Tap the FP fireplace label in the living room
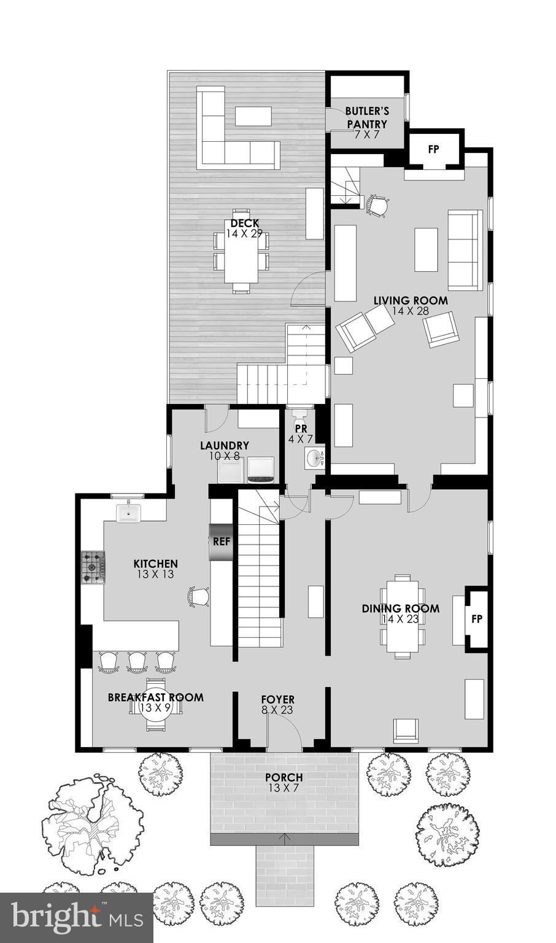(433, 149)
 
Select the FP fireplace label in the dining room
(477, 619)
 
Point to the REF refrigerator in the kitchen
(221, 542)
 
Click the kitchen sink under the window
(129, 512)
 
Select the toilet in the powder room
(301, 415)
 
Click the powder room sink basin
(315, 458)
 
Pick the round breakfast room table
(155, 706)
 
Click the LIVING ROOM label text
(411, 301)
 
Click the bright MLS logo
(76, 918)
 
